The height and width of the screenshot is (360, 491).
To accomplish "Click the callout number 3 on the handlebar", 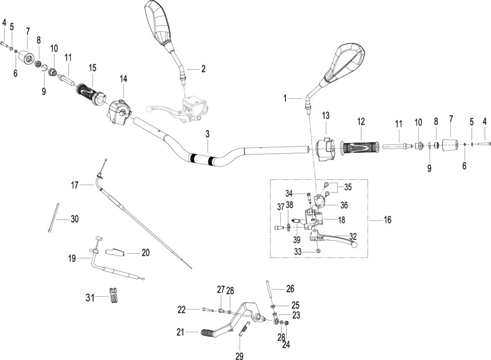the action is click(x=207, y=134).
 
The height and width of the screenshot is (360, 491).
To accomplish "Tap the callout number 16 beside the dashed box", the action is click(x=387, y=220).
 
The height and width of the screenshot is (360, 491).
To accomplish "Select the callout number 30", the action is click(x=74, y=219).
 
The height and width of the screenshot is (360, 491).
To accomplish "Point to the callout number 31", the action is click(x=90, y=297).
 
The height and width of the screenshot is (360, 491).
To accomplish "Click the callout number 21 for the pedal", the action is click(x=180, y=332).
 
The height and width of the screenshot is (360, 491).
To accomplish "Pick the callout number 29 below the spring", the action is click(x=239, y=356).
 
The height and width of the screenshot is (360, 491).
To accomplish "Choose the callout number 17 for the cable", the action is click(x=74, y=186).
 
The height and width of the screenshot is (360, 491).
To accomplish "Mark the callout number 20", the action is click(x=146, y=252).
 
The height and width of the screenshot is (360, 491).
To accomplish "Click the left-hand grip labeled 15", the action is click(x=92, y=94).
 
